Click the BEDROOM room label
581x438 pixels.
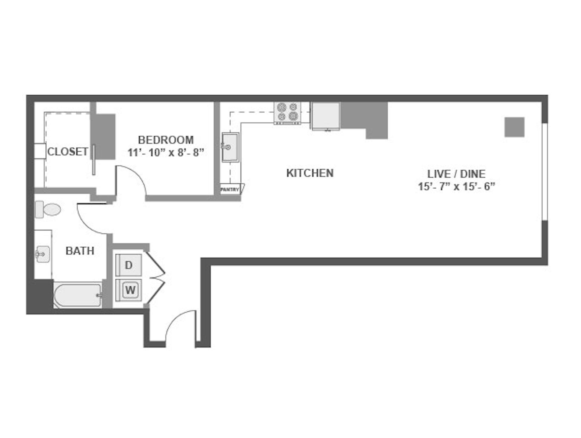166,140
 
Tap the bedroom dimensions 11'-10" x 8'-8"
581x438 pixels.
166,153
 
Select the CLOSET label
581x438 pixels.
68,152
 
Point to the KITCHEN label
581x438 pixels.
310,173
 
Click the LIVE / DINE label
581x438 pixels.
456,174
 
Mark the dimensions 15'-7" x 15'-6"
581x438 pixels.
456,186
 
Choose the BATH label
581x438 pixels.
80,251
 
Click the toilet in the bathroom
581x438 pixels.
48,209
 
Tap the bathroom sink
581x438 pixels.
43,254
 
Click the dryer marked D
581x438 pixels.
129,265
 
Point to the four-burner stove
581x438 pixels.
287,113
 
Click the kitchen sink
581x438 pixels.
230,147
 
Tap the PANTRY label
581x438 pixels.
230,190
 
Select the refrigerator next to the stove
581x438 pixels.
326,116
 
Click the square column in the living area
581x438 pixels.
514,127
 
